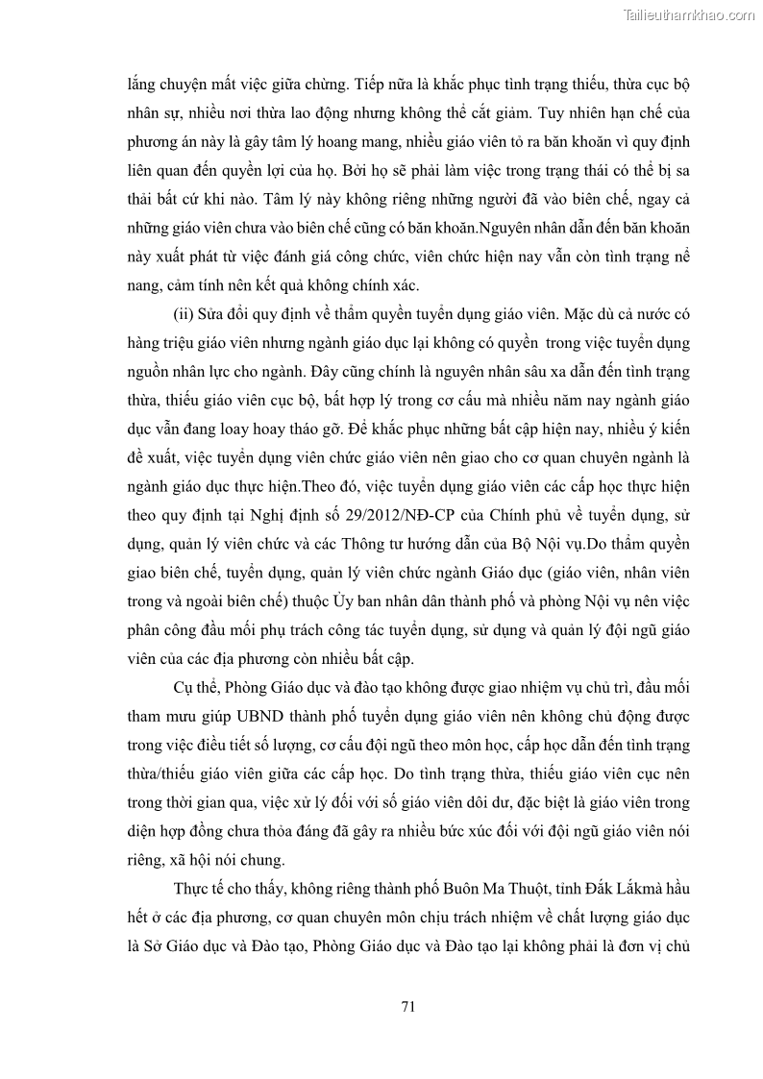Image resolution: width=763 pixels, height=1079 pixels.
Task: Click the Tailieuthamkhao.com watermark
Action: coord(688,14)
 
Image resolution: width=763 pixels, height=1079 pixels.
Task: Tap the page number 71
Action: coord(406,1006)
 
